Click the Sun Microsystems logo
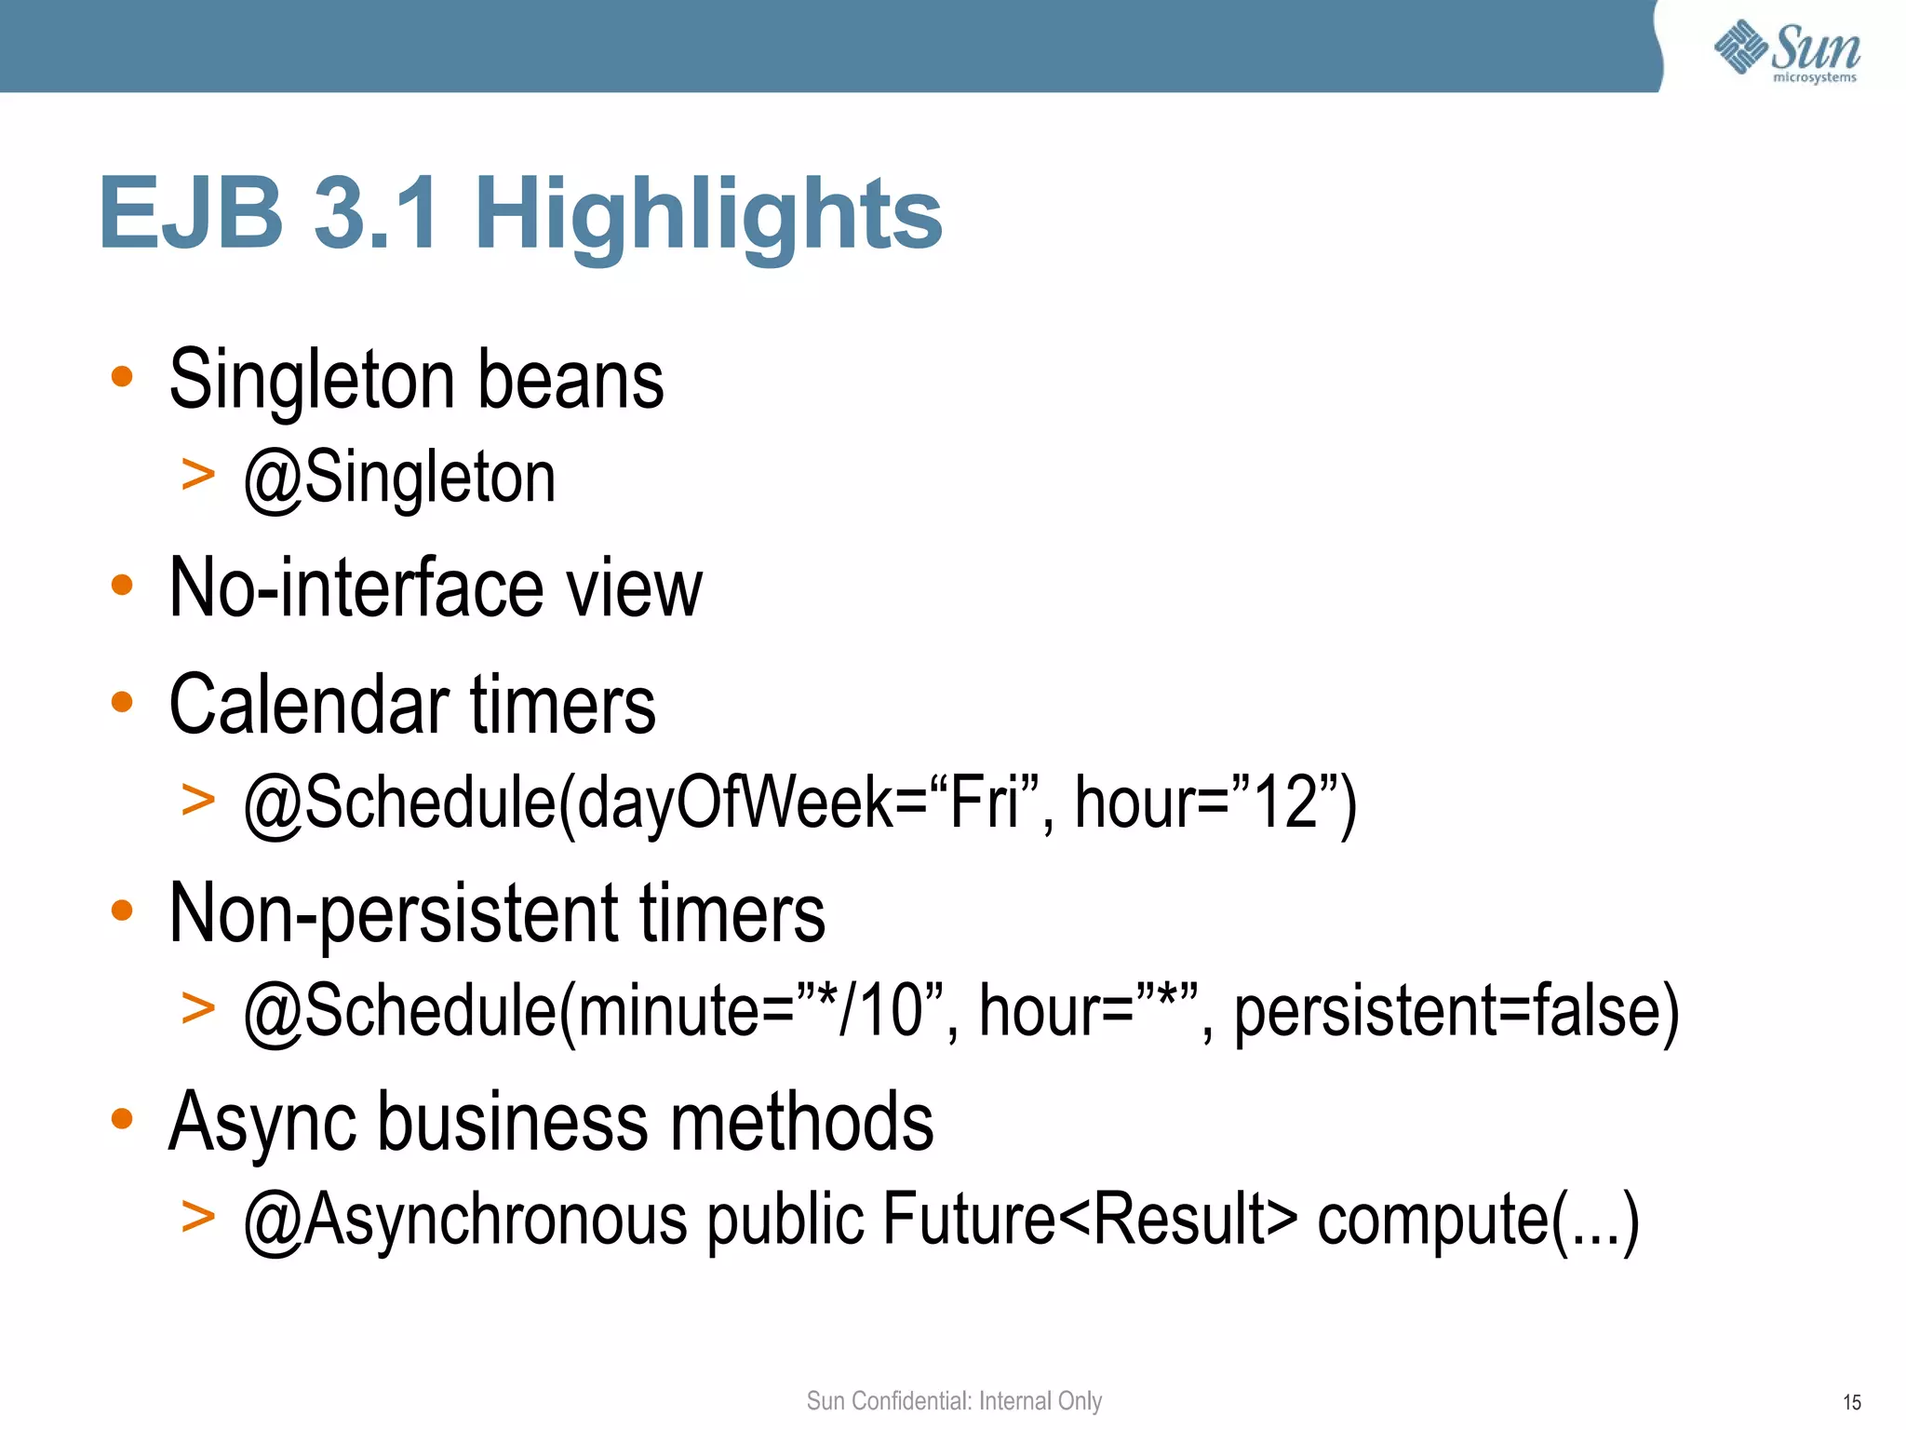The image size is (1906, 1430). pyautogui.click(x=1787, y=51)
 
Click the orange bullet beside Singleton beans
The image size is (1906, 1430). pyautogui.click(x=122, y=377)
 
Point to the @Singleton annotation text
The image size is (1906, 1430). pyautogui.click(x=399, y=478)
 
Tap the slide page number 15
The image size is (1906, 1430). pyautogui.click(x=1851, y=1402)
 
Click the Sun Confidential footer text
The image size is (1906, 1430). pyautogui.click(x=954, y=1400)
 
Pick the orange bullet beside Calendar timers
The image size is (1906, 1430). pyautogui.click(x=122, y=702)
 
